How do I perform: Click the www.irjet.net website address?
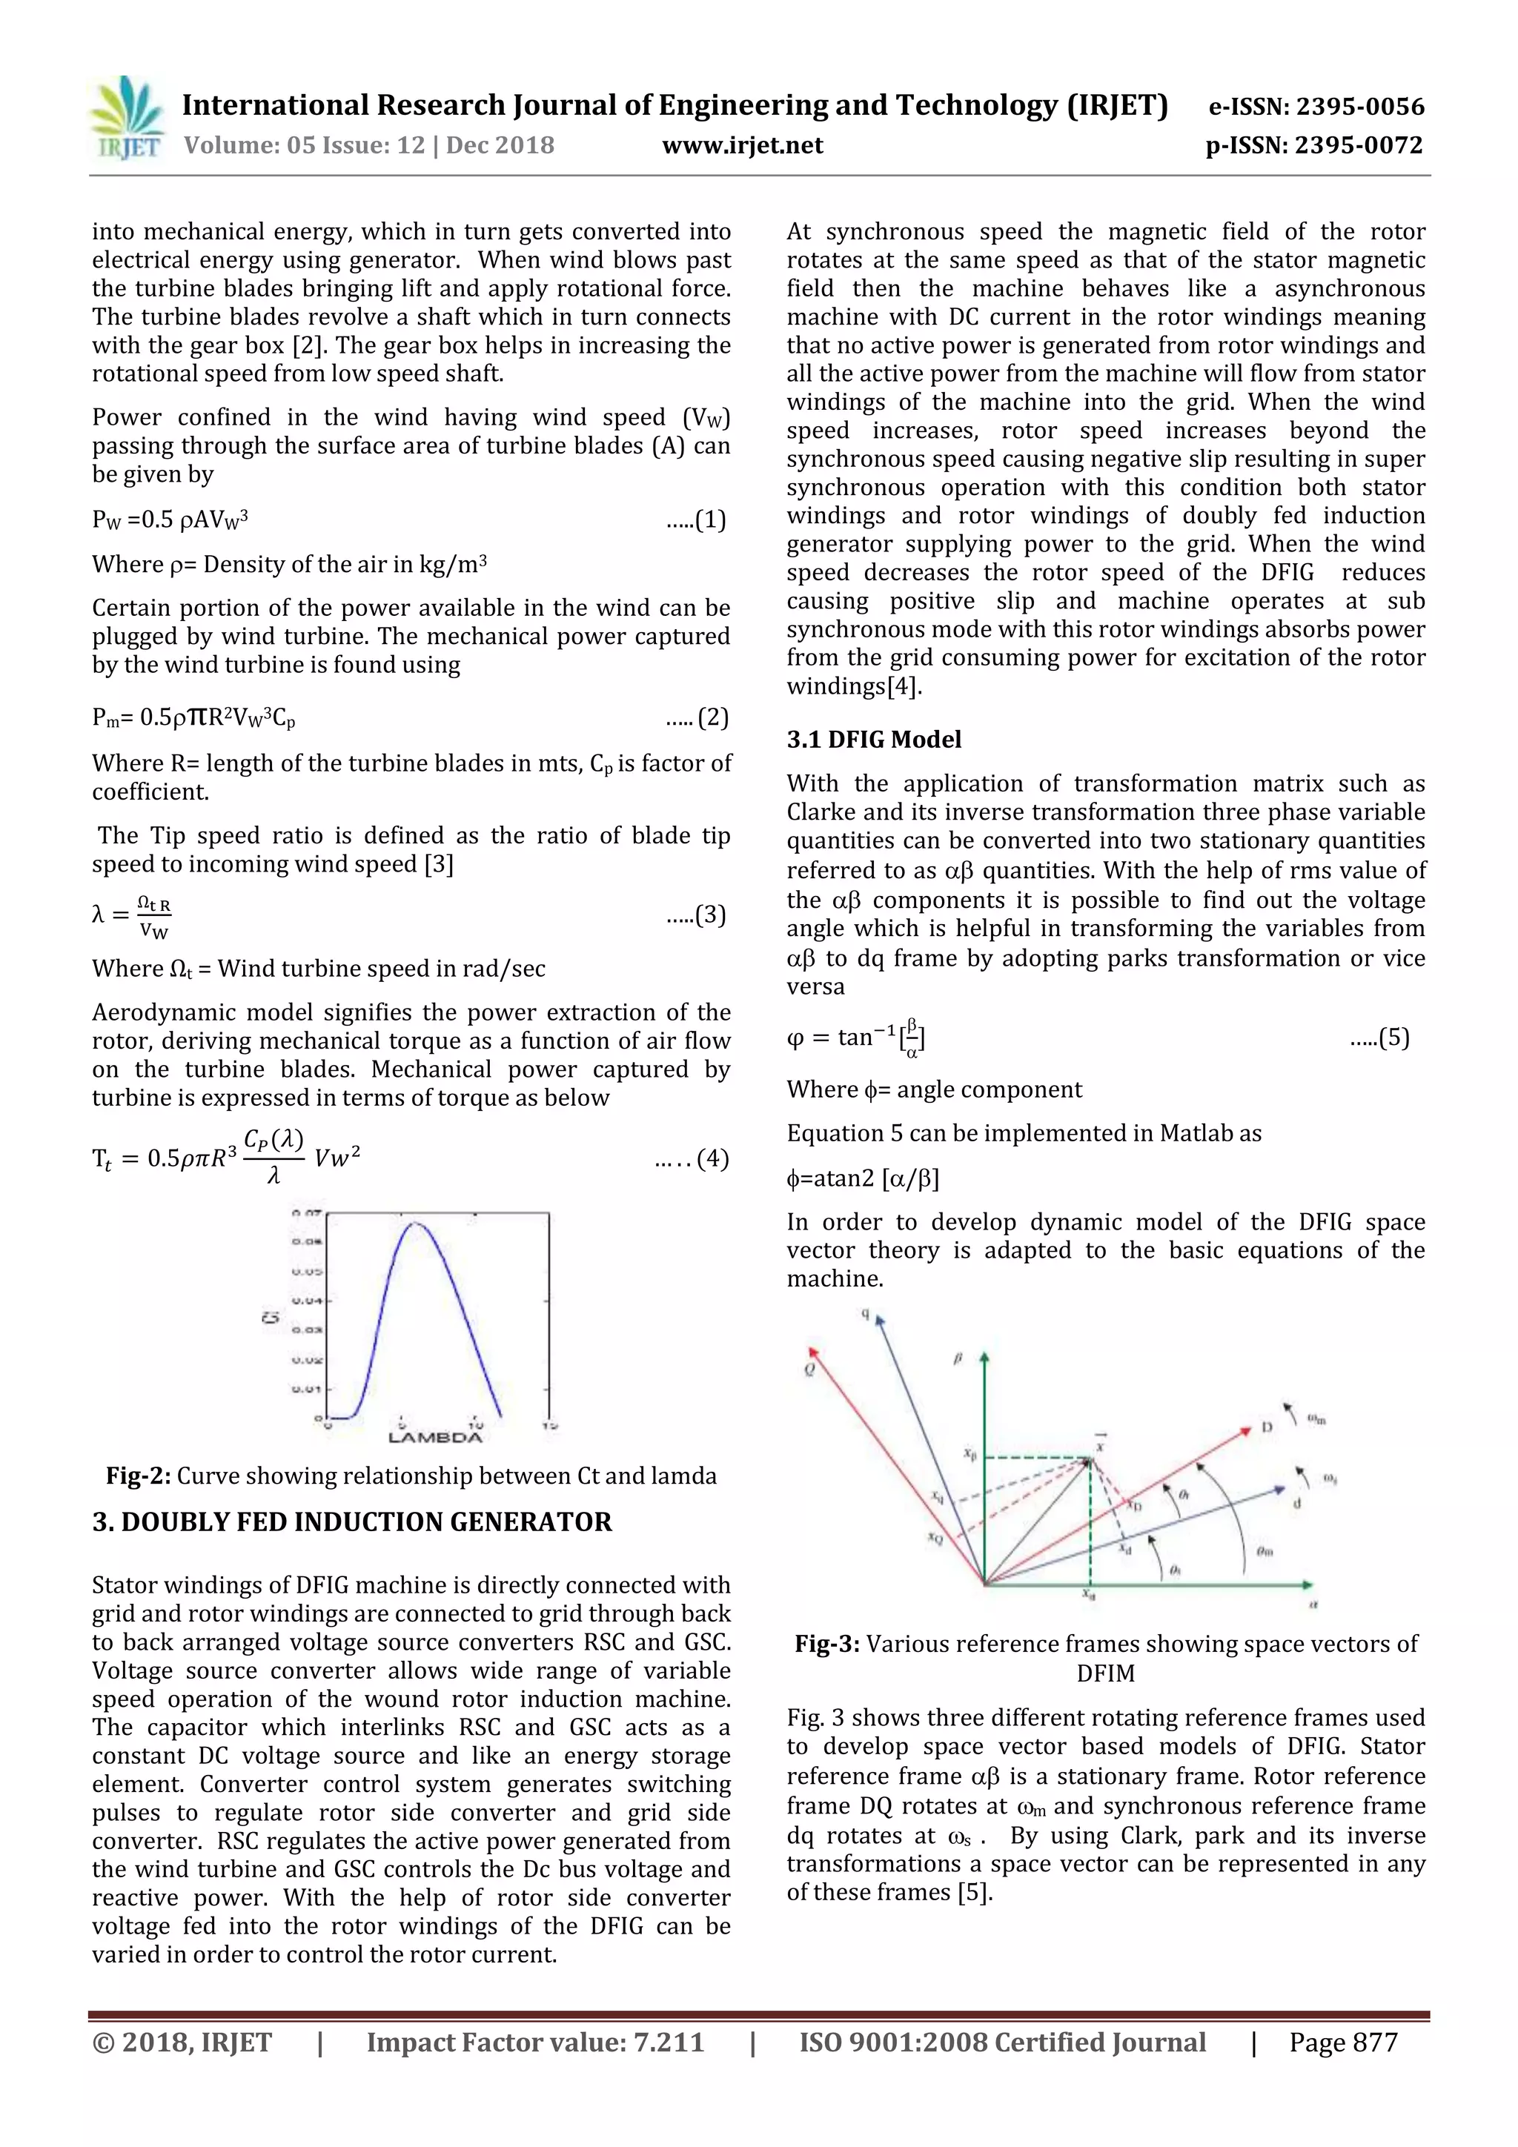pos(742,146)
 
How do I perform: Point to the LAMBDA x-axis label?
pos(435,1437)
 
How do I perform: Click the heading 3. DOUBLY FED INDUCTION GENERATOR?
pos(351,1522)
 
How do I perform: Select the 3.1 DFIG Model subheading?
pos(874,740)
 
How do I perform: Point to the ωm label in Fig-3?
pos(1316,1419)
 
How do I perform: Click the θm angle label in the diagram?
pos(1264,1551)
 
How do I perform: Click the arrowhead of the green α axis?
pos(1310,1585)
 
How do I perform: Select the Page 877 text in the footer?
pos(1342,2043)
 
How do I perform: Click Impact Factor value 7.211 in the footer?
pos(535,2043)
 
